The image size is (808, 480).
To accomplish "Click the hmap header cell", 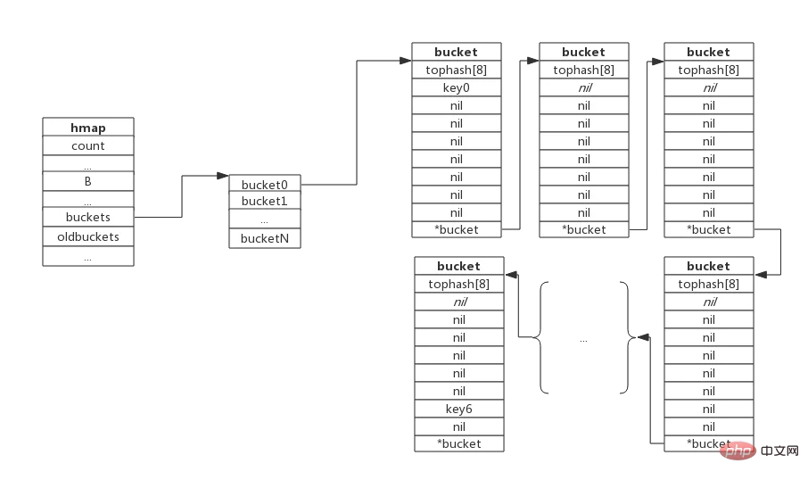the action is [88, 127].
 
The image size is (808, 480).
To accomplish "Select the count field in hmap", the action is [88, 145].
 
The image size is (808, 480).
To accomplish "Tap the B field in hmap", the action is [88, 181].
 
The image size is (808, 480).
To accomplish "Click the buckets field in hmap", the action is [88, 217].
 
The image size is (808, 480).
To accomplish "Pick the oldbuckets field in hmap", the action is [88, 236].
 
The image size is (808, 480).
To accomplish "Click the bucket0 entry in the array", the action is [265, 184].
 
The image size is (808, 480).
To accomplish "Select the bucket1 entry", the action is [265, 201].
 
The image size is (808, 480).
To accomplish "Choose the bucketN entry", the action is [265, 238].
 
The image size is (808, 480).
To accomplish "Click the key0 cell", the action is [457, 87].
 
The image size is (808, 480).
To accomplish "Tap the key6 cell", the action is [459, 409].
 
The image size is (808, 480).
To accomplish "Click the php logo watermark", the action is [738, 451].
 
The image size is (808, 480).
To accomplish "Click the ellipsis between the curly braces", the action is [583, 340].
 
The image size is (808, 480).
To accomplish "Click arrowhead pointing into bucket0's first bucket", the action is [406, 61].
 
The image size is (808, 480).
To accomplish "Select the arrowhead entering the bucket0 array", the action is [223, 176].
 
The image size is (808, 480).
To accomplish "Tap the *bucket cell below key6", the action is [459, 443].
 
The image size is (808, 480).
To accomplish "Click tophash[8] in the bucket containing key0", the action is [457, 70].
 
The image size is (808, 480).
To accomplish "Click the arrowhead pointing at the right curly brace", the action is [644, 337].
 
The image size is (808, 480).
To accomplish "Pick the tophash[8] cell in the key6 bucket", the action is [459, 284].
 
